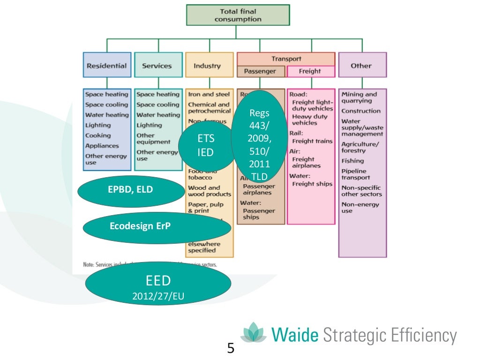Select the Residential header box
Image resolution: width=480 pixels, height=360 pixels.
coord(106,66)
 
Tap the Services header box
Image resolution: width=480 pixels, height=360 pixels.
coord(157,66)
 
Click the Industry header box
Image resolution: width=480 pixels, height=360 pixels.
coord(208,66)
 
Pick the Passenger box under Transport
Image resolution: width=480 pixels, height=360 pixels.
coord(260,71)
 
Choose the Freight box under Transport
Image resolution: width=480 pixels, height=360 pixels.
coord(310,71)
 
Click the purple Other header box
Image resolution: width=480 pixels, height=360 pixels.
coord(361,66)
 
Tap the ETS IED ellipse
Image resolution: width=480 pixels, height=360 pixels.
coord(206,146)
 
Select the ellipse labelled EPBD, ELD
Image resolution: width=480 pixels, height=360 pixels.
coord(131,189)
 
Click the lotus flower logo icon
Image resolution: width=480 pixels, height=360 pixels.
coord(253,333)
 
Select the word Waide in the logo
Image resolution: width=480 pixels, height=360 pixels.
coord(295,336)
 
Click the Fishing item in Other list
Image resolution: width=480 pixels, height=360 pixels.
coord(352,161)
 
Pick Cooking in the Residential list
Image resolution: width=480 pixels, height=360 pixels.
coord(98,135)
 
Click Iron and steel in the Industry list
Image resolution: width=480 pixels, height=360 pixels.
coord(209,94)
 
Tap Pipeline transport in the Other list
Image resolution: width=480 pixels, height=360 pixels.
coord(355,174)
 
